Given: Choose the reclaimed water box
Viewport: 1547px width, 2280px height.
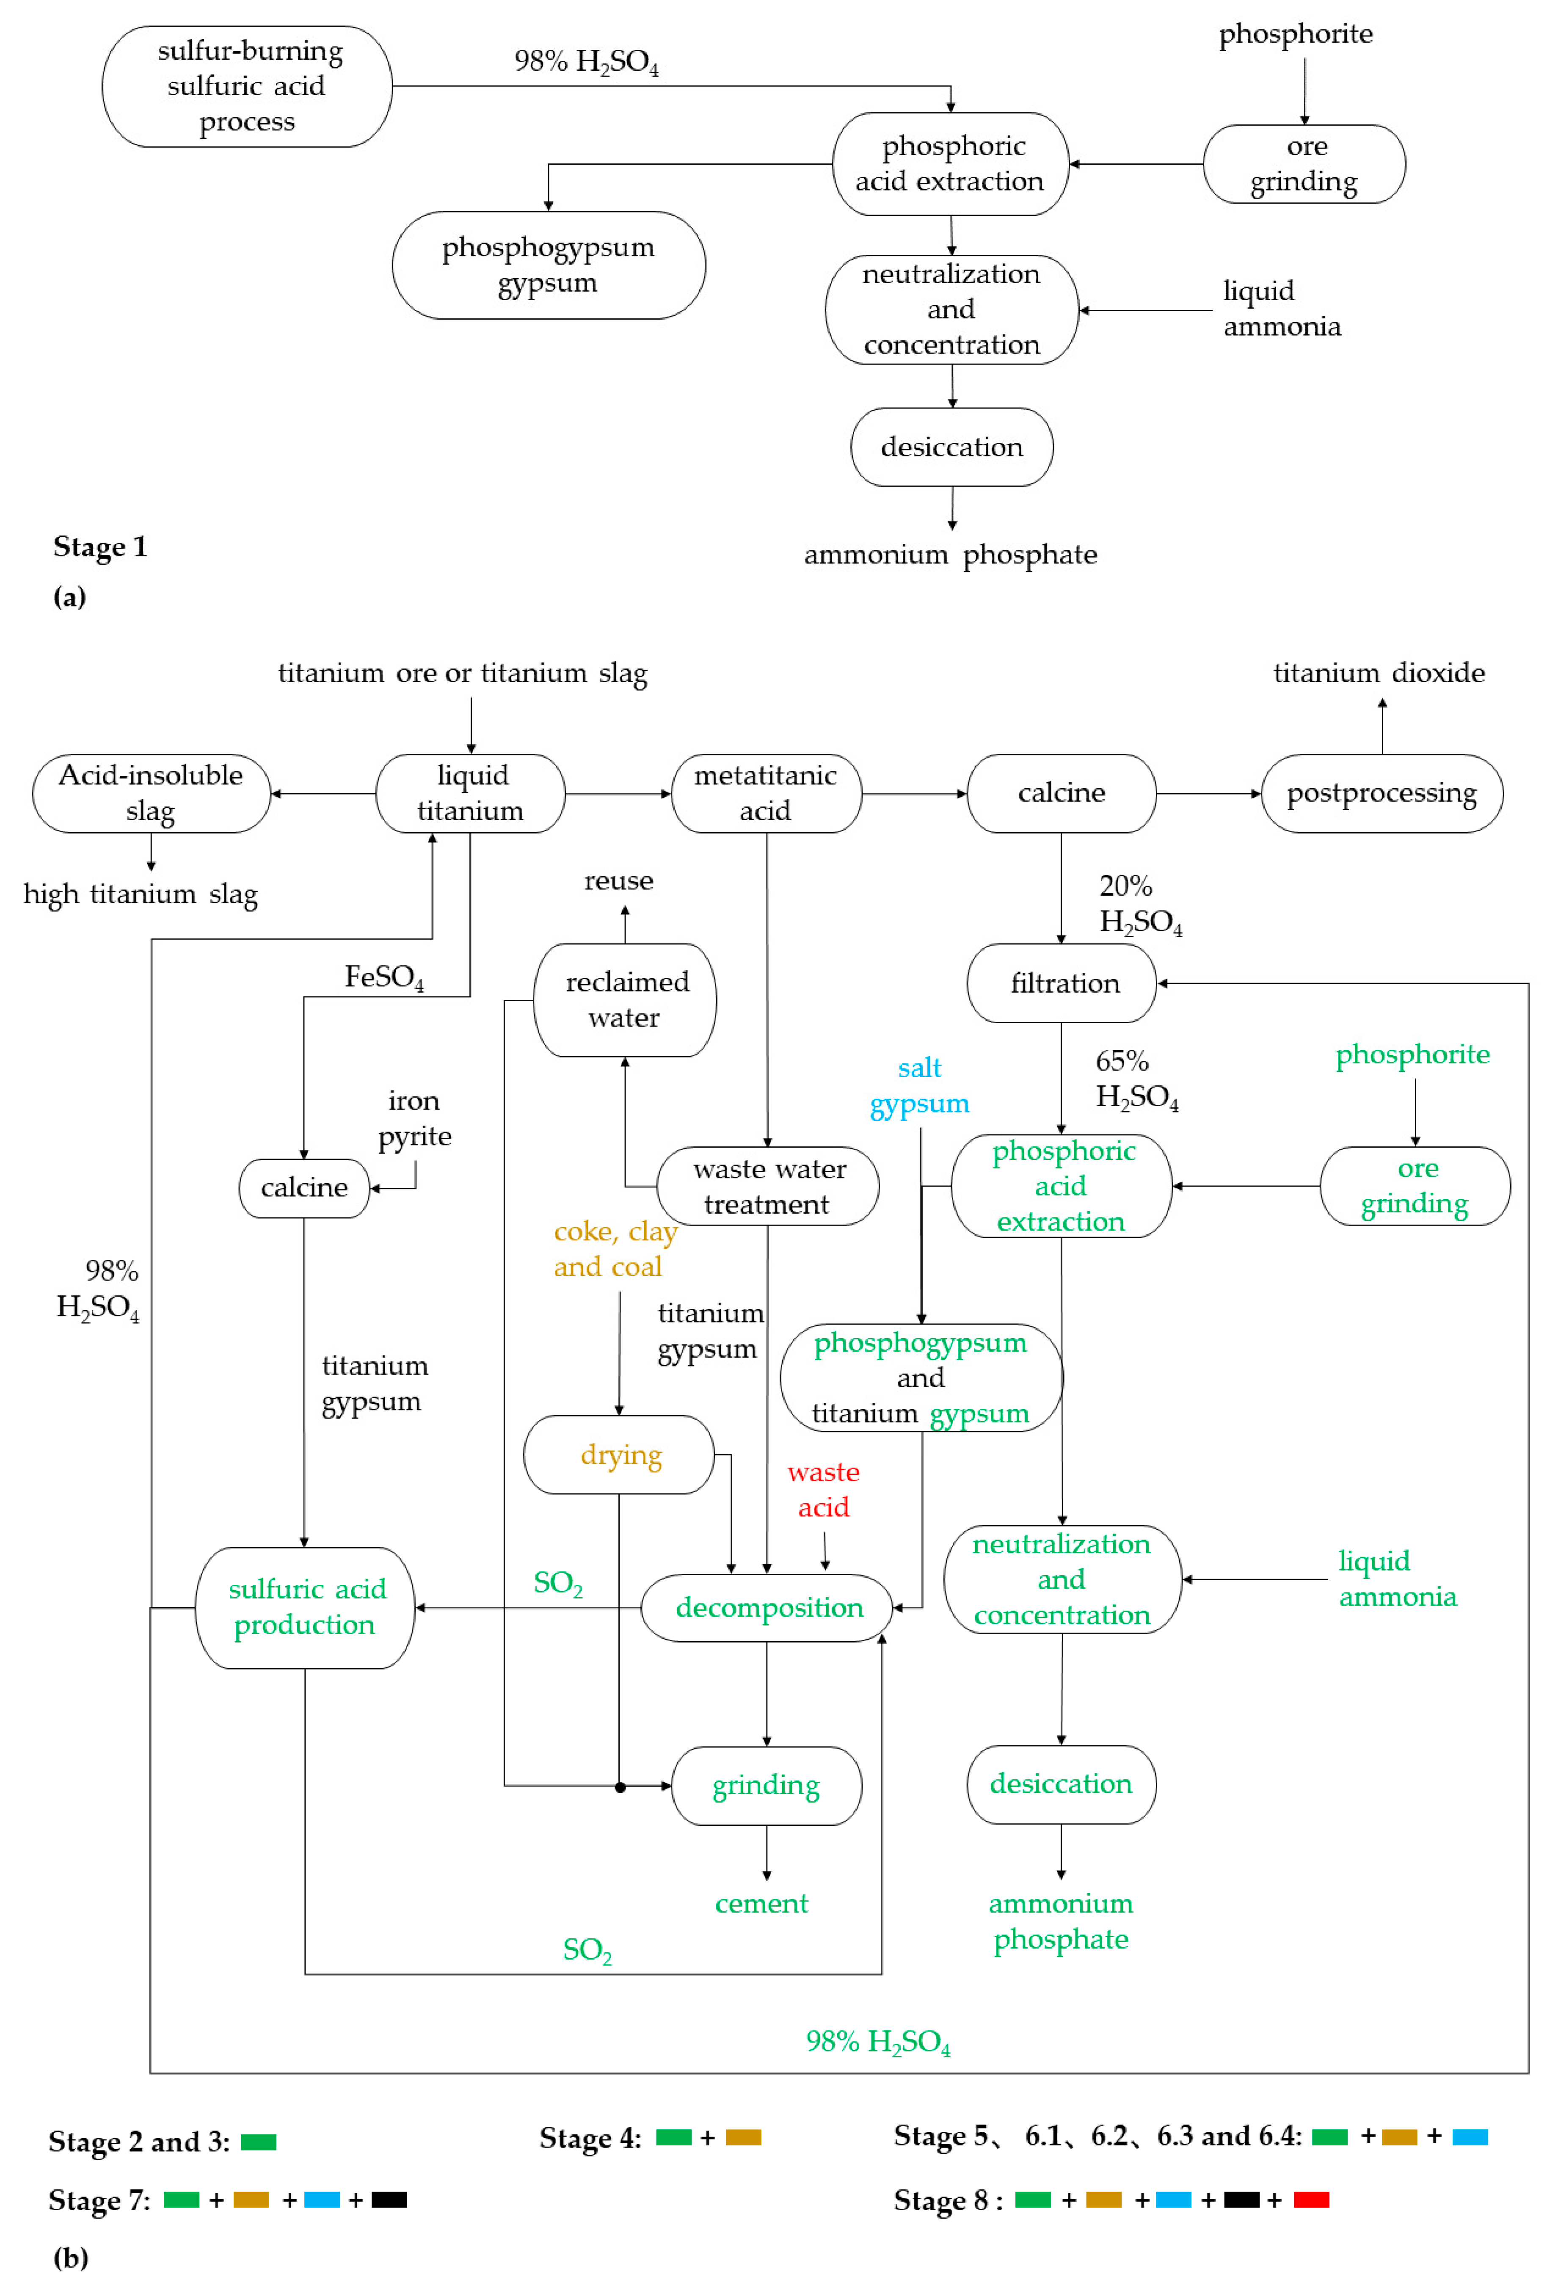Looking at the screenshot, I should click(625, 1000).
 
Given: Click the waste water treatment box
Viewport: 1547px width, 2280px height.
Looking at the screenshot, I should click(767, 1186).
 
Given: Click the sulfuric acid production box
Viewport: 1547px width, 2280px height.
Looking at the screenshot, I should click(305, 1607).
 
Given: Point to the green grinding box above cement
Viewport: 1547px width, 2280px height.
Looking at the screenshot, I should click(766, 1786).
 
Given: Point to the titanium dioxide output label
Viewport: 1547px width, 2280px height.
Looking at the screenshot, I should click(1378, 673).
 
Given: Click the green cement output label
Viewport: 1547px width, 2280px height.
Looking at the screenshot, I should click(761, 1903).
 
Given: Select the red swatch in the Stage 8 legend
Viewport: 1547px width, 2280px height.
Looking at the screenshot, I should click(1310, 2200).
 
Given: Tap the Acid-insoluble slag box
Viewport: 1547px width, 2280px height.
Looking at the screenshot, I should click(151, 793).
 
